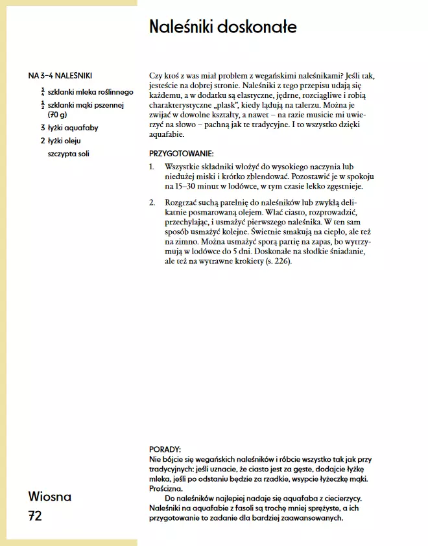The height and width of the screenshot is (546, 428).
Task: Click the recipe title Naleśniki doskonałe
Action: pos(222,27)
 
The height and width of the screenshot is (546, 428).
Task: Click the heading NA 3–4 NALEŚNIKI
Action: pos(65,75)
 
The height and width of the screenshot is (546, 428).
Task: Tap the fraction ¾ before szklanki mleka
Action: pos(43,91)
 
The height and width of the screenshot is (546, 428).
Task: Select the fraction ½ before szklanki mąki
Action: pos(43,104)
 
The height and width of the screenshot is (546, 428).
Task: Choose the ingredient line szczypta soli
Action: pos(69,154)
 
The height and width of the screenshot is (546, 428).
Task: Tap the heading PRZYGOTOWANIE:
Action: pos(181,154)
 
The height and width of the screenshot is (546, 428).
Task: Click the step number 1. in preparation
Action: pos(152,167)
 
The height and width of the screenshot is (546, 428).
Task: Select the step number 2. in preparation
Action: pos(152,203)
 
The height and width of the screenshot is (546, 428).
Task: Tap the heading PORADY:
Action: pos(165,449)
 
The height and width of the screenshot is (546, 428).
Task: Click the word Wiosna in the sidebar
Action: pos(50,497)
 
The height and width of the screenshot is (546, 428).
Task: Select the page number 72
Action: pos(35,516)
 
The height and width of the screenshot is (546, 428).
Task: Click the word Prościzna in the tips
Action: pos(165,488)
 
